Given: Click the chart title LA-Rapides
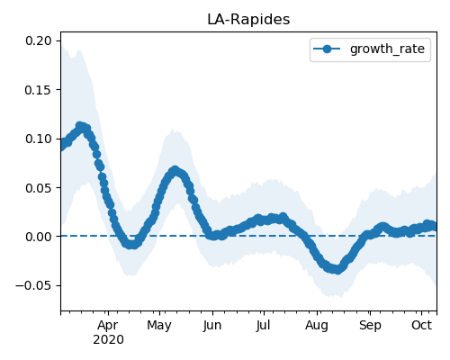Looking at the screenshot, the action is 248,20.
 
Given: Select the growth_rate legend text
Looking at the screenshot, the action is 387,49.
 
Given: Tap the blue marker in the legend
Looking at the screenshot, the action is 327,49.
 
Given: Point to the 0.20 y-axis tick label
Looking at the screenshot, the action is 39,40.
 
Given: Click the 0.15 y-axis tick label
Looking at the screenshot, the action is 39,90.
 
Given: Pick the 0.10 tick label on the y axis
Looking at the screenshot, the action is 39,139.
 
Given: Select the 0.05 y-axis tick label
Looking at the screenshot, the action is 39,188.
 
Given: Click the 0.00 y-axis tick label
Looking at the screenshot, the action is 39,237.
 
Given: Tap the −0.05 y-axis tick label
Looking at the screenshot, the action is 34,285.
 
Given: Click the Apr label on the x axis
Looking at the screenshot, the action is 108,325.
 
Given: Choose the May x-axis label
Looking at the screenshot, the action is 159,325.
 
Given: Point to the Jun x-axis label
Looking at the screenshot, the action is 212,325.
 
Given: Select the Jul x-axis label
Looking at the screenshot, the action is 264,325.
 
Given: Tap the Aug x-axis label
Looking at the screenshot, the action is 317,325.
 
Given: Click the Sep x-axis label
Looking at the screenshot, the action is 370,325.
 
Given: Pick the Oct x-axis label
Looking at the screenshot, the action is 422,325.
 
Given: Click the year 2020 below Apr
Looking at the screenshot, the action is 108,340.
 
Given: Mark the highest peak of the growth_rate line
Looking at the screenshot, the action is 80,126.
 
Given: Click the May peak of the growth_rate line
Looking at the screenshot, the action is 175,170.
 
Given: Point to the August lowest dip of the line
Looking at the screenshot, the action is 337,270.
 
